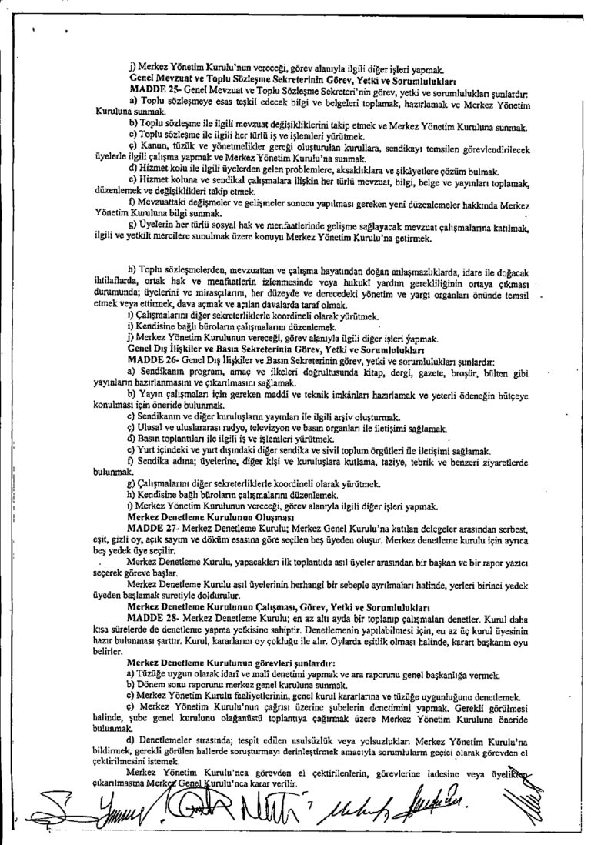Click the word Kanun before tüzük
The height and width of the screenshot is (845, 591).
pos(151,145)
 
